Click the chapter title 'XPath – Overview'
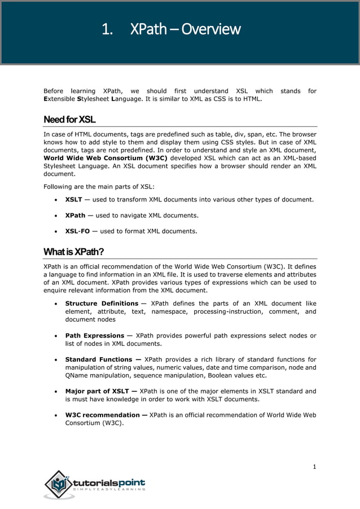(x=185, y=29)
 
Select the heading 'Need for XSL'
(x=69, y=120)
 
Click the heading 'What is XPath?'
(x=74, y=252)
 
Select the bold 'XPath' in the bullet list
(x=76, y=215)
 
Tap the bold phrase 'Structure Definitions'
(x=102, y=304)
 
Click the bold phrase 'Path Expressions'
(x=95, y=335)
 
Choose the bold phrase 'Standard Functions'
(x=99, y=359)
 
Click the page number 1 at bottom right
(x=314, y=466)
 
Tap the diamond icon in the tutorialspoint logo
(x=58, y=485)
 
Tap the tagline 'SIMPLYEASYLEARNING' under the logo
(x=109, y=490)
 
